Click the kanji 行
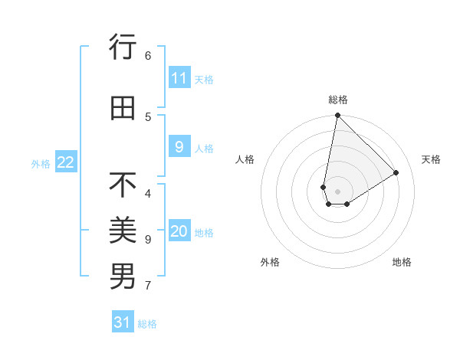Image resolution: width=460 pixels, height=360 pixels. [123, 47]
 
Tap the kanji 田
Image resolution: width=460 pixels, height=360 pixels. [123, 108]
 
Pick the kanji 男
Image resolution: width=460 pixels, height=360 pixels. [123, 276]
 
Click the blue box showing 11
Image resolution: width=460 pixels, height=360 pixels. [179, 78]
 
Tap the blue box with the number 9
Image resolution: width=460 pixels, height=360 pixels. [179, 148]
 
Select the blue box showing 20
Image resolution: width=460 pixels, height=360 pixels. [179, 232]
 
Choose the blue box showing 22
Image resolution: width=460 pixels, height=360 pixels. [66, 162]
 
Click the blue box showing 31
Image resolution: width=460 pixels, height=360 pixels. [123, 322]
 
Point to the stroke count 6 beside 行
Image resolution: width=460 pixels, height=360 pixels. [148, 55]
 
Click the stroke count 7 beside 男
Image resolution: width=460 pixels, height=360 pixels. [148, 286]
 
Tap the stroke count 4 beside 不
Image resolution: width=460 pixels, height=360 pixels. [148, 193]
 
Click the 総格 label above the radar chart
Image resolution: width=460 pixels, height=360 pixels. [338, 100]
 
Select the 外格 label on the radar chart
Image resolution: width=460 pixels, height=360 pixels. [270, 262]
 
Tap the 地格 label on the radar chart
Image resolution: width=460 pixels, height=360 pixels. [402, 262]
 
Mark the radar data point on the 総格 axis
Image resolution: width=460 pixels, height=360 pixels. [337, 116]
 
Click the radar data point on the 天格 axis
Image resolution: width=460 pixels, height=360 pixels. [396, 173]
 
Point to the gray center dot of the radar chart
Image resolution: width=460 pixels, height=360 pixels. [337, 191]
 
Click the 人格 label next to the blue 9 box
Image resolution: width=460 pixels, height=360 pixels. [204, 149]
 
